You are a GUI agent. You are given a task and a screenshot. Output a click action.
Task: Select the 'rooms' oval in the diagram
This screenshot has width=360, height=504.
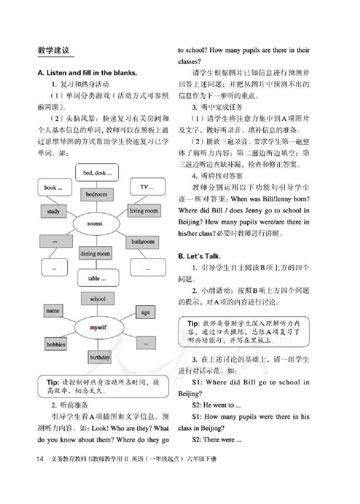(x=94, y=223)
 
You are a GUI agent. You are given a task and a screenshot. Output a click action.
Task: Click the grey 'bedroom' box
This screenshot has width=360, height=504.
(x=97, y=195)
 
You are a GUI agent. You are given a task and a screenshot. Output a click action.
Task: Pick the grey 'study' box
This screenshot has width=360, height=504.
(x=53, y=211)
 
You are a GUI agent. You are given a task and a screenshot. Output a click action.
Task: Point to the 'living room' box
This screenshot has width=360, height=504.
(x=144, y=210)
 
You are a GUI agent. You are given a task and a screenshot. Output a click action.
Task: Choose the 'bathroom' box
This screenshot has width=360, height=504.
(x=143, y=242)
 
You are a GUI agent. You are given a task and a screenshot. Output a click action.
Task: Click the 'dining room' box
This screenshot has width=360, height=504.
(x=95, y=254)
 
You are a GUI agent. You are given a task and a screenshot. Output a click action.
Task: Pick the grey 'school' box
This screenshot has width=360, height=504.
(x=98, y=299)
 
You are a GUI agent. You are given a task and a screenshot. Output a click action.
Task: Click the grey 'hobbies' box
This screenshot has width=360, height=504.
(x=56, y=345)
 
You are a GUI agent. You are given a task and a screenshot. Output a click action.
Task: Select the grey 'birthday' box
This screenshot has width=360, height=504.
(x=99, y=358)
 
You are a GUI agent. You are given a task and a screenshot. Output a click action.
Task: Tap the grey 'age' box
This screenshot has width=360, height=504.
(x=145, y=313)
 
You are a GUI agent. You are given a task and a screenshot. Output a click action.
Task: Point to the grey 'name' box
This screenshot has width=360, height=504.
(x=53, y=311)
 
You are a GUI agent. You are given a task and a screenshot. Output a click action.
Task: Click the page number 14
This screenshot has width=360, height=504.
(x=39, y=459)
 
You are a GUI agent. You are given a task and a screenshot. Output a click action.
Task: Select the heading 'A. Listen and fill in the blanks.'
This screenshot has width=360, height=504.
(x=87, y=73)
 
